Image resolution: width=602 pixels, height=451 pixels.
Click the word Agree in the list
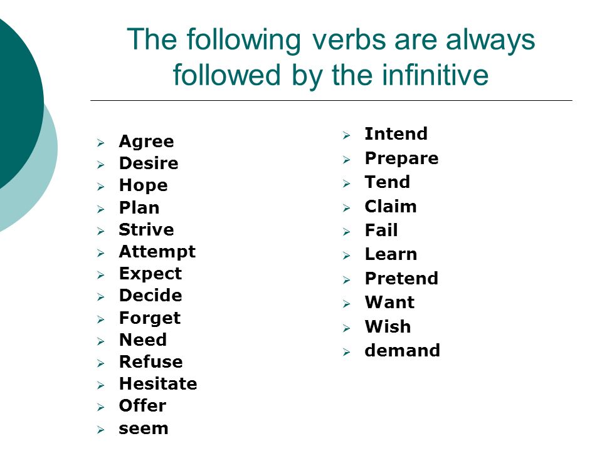tap(146, 142)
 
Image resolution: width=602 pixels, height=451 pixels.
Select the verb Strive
tap(146, 230)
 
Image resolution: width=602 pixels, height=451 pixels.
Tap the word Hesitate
tap(158, 383)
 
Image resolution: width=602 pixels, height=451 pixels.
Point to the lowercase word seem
tap(144, 428)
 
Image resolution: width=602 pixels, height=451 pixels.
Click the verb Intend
tap(396, 134)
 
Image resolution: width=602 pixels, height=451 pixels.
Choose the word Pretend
tap(401, 278)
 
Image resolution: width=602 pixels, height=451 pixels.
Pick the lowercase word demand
tap(403, 351)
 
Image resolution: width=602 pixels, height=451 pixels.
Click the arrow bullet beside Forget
tap(100, 319)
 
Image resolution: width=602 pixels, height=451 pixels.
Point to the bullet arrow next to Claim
tap(346, 208)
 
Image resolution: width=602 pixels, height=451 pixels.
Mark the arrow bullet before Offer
tap(100, 407)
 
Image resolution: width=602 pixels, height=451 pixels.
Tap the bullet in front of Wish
tap(346, 328)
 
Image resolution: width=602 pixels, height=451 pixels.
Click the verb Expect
tap(150, 274)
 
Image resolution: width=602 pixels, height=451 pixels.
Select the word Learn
tap(391, 254)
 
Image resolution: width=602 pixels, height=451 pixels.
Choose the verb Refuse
tap(151, 361)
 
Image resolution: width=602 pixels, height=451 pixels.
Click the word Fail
tap(381, 231)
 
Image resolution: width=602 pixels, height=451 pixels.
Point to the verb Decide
tap(150, 295)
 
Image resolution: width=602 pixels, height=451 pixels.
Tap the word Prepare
tap(401, 158)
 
